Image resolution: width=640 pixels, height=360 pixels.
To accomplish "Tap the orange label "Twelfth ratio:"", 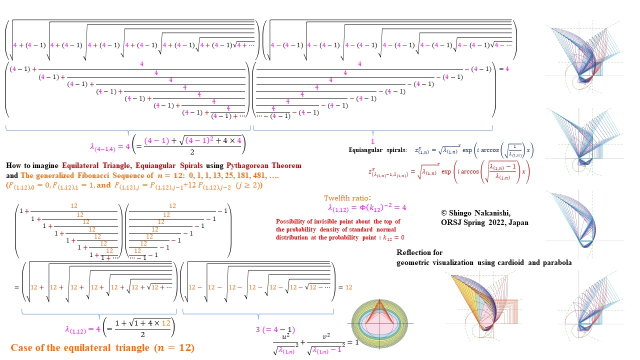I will [347, 198].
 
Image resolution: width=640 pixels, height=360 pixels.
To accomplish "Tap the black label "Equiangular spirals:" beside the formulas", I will [378, 150].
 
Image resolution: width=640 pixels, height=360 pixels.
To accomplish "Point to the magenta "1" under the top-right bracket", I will [372, 142].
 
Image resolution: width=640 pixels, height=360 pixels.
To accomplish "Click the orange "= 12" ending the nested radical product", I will [345, 287].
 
